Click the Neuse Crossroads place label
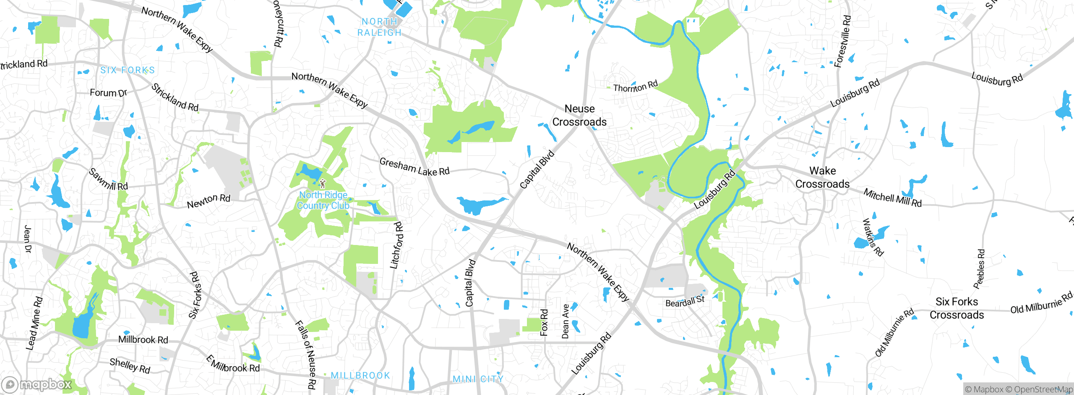[579, 116]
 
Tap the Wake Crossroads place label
[822, 177]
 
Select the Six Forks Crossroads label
[957, 308]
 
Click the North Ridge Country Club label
[323, 200]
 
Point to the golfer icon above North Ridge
[322, 184]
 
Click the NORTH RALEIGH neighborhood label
[379, 27]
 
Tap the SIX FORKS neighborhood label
[128, 70]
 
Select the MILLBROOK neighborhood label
[360, 375]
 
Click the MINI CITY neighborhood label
[478, 379]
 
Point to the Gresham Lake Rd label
[414, 167]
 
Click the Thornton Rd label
[635, 87]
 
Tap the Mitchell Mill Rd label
[892, 197]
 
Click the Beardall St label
[685, 301]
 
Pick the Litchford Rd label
[396, 245]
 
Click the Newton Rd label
[209, 201]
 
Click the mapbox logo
[37, 384]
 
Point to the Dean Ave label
[566, 321]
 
